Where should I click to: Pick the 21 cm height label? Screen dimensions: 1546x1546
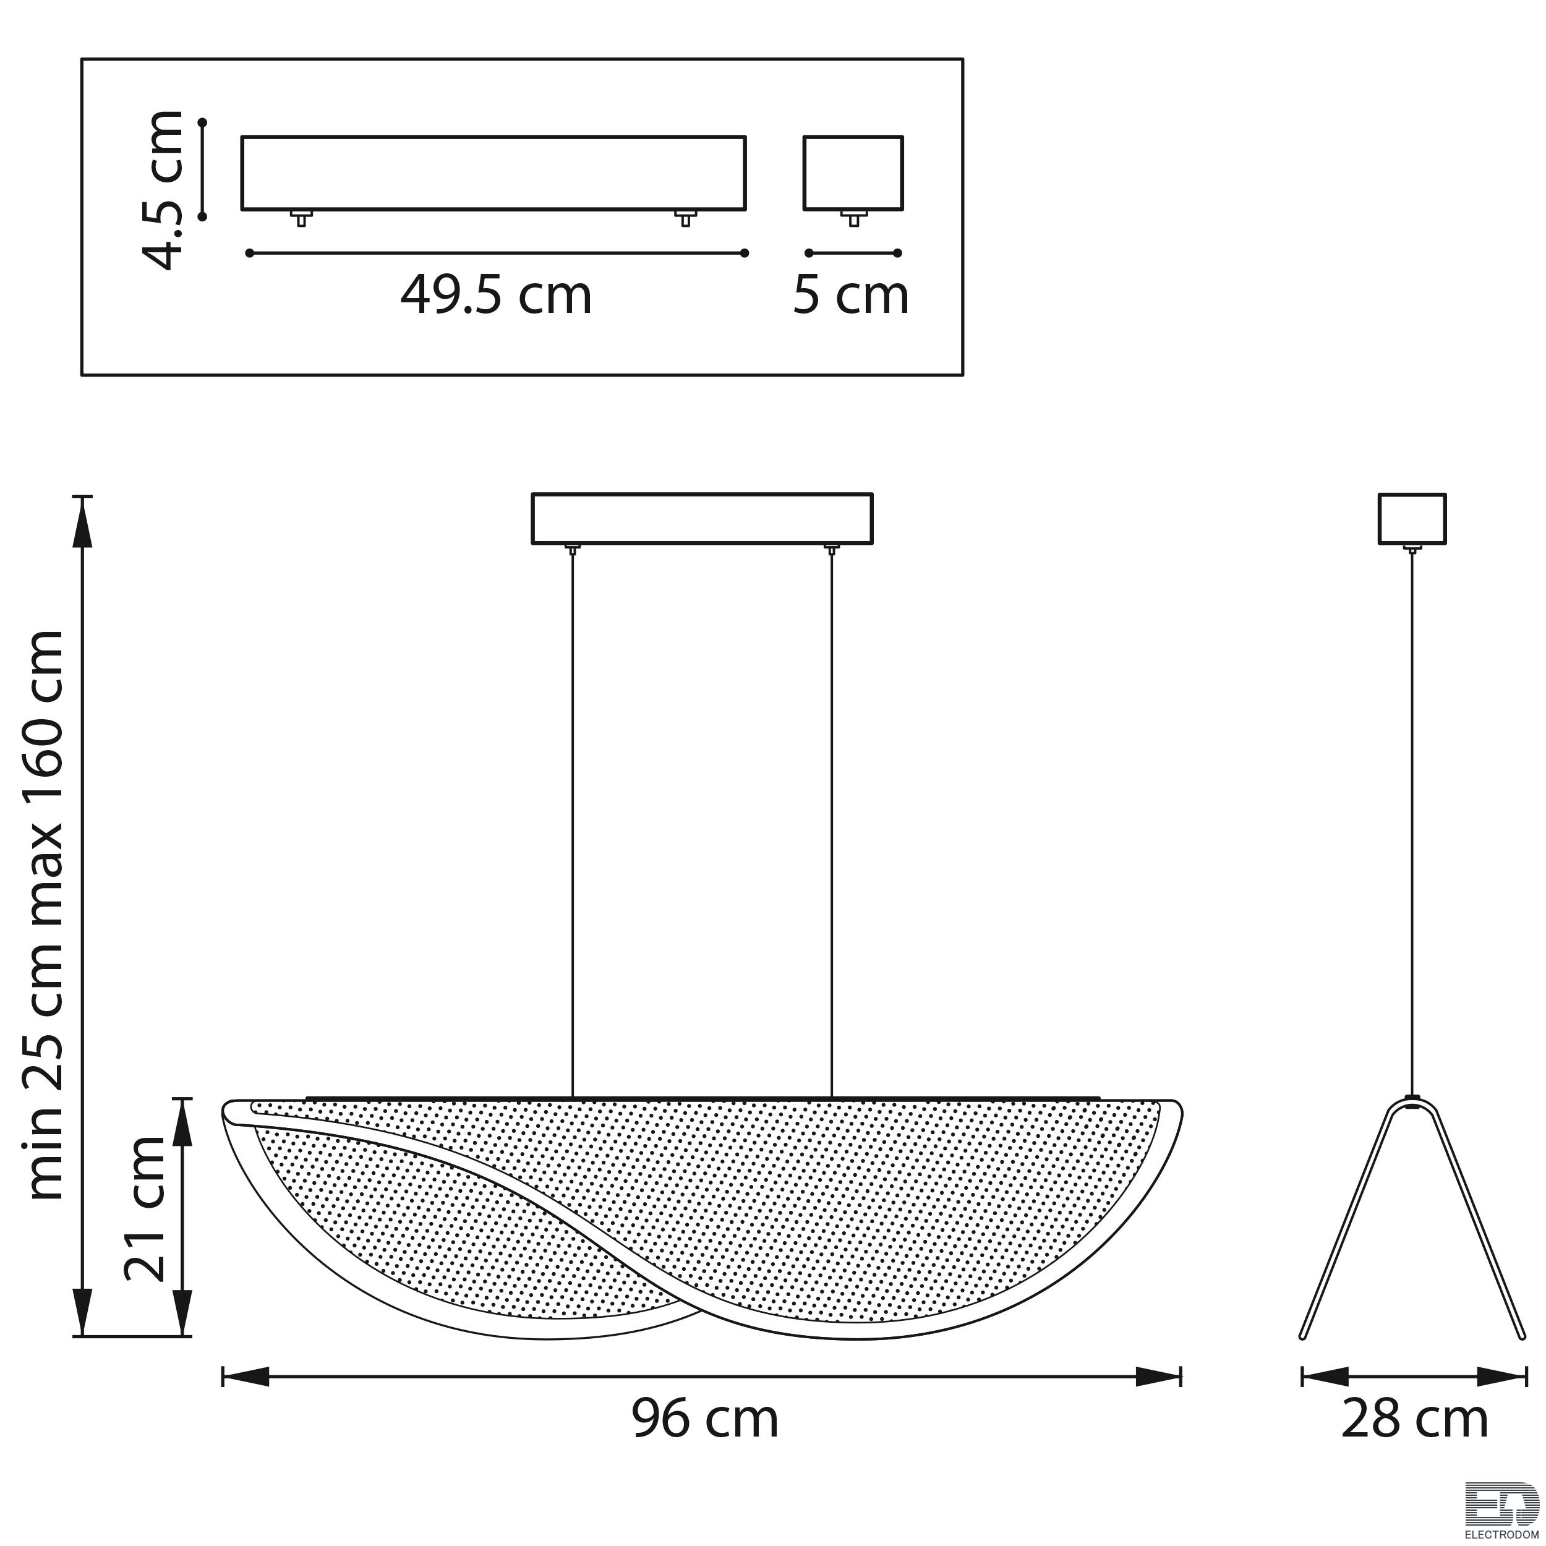144,1208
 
